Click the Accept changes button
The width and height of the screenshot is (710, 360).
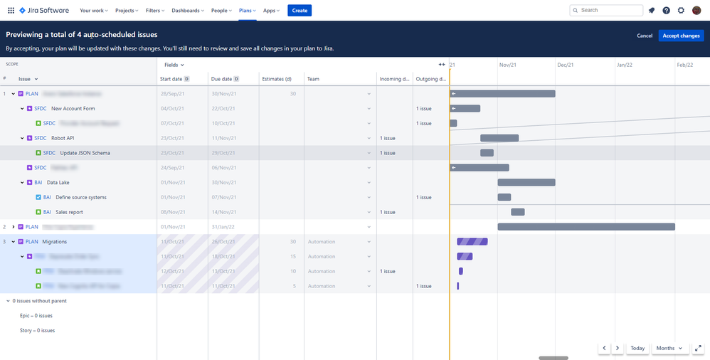(681, 36)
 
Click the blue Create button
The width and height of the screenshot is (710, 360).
(300, 11)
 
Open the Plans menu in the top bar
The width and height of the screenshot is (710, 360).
(247, 11)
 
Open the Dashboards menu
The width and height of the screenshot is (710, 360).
(188, 11)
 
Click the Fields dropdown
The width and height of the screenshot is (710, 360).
(174, 65)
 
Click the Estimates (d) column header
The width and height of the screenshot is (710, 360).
(277, 79)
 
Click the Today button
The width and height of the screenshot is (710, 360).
(637, 348)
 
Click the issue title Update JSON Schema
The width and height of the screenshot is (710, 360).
(85, 153)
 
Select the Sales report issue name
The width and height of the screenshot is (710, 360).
(70, 212)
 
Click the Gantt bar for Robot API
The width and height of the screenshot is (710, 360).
(499, 138)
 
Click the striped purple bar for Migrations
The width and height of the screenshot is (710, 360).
(472, 242)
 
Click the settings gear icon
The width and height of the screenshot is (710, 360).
(681, 11)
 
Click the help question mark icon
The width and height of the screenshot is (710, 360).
(666, 11)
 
